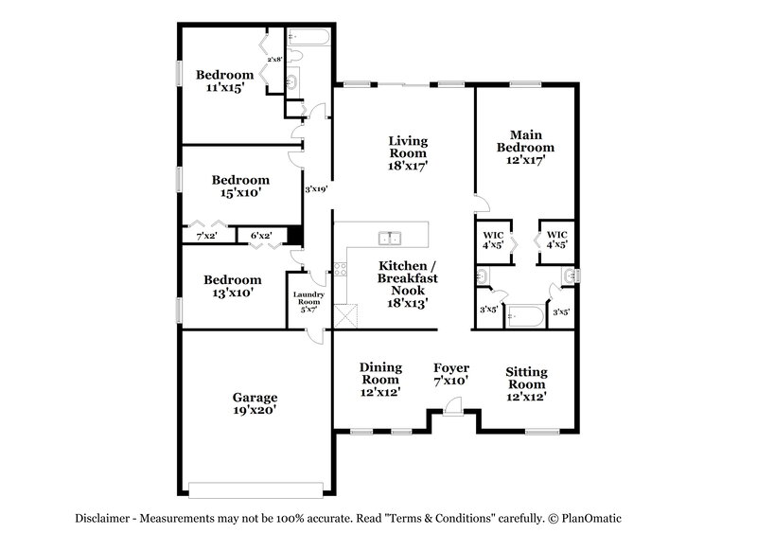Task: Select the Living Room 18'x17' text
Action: (408, 152)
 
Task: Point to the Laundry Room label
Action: (308, 301)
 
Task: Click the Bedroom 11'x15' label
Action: (224, 81)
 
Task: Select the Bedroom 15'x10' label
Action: (240, 186)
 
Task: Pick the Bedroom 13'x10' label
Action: (232, 287)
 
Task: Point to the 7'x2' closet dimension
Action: (206, 236)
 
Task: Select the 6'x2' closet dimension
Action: (260, 236)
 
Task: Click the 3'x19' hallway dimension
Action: (315, 189)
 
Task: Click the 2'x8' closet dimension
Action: (274, 60)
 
